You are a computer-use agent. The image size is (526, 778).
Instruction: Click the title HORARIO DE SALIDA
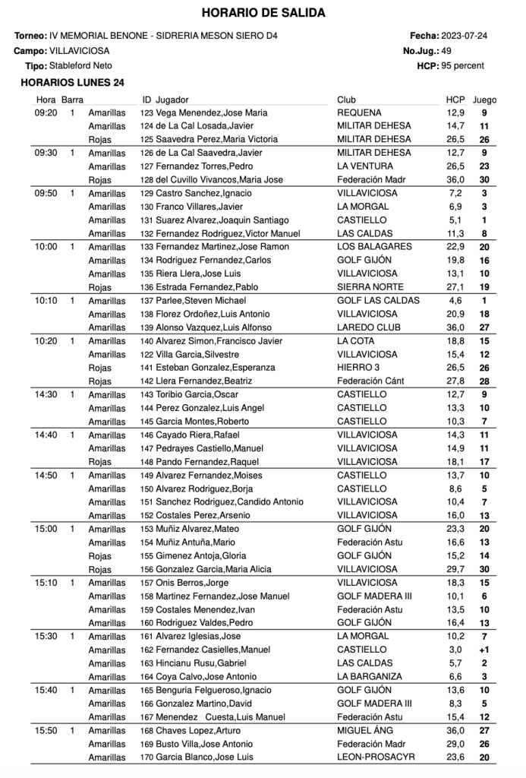(263, 13)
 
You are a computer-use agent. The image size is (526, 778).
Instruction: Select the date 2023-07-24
(465, 36)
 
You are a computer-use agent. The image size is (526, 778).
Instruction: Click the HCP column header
(455, 100)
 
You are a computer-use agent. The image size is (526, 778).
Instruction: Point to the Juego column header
(484, 100)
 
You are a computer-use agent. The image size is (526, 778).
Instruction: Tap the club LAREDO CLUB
(368, 327)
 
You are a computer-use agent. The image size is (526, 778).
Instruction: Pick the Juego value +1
(483, 650)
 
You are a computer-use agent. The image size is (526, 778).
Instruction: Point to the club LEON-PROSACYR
(375, 757)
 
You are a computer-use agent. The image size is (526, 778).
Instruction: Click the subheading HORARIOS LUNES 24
(73, 83)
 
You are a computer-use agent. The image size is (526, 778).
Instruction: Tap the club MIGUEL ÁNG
(367, 730)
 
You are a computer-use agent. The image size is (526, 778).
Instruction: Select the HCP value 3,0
(455, 650)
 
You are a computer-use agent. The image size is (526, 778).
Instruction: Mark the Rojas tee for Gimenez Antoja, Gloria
(99, 555)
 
